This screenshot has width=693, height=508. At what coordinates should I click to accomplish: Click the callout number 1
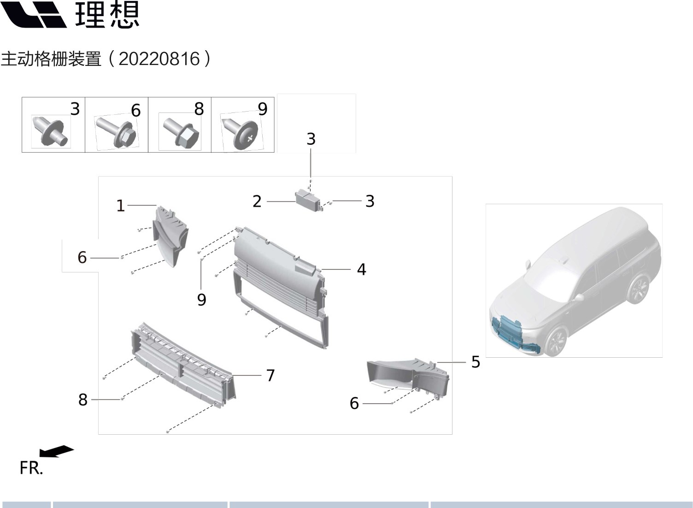click(x=120, y=205)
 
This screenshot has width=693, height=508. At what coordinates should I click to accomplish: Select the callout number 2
click(x=257, y=201)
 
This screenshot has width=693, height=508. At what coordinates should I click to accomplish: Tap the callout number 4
click(x=361, y=269)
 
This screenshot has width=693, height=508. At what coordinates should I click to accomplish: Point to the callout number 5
click(x=476, y=362)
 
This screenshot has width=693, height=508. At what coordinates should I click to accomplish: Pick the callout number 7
click(x=270, y=375)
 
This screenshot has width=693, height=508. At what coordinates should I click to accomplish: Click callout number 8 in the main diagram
click(x=83, y=400)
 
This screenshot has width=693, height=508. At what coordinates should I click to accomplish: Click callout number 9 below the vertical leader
click(x=201, y=300)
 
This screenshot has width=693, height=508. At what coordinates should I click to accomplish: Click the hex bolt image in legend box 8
click(x=180, y=131)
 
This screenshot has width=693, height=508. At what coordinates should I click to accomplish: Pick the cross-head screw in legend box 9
click(x=242, y=133)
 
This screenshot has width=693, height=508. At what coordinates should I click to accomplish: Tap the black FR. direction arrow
click(x=56, y=451)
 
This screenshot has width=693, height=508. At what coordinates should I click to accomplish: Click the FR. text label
click(x=31, y=468)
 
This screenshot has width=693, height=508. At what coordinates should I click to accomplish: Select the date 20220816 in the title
click(x=159, y=59)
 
